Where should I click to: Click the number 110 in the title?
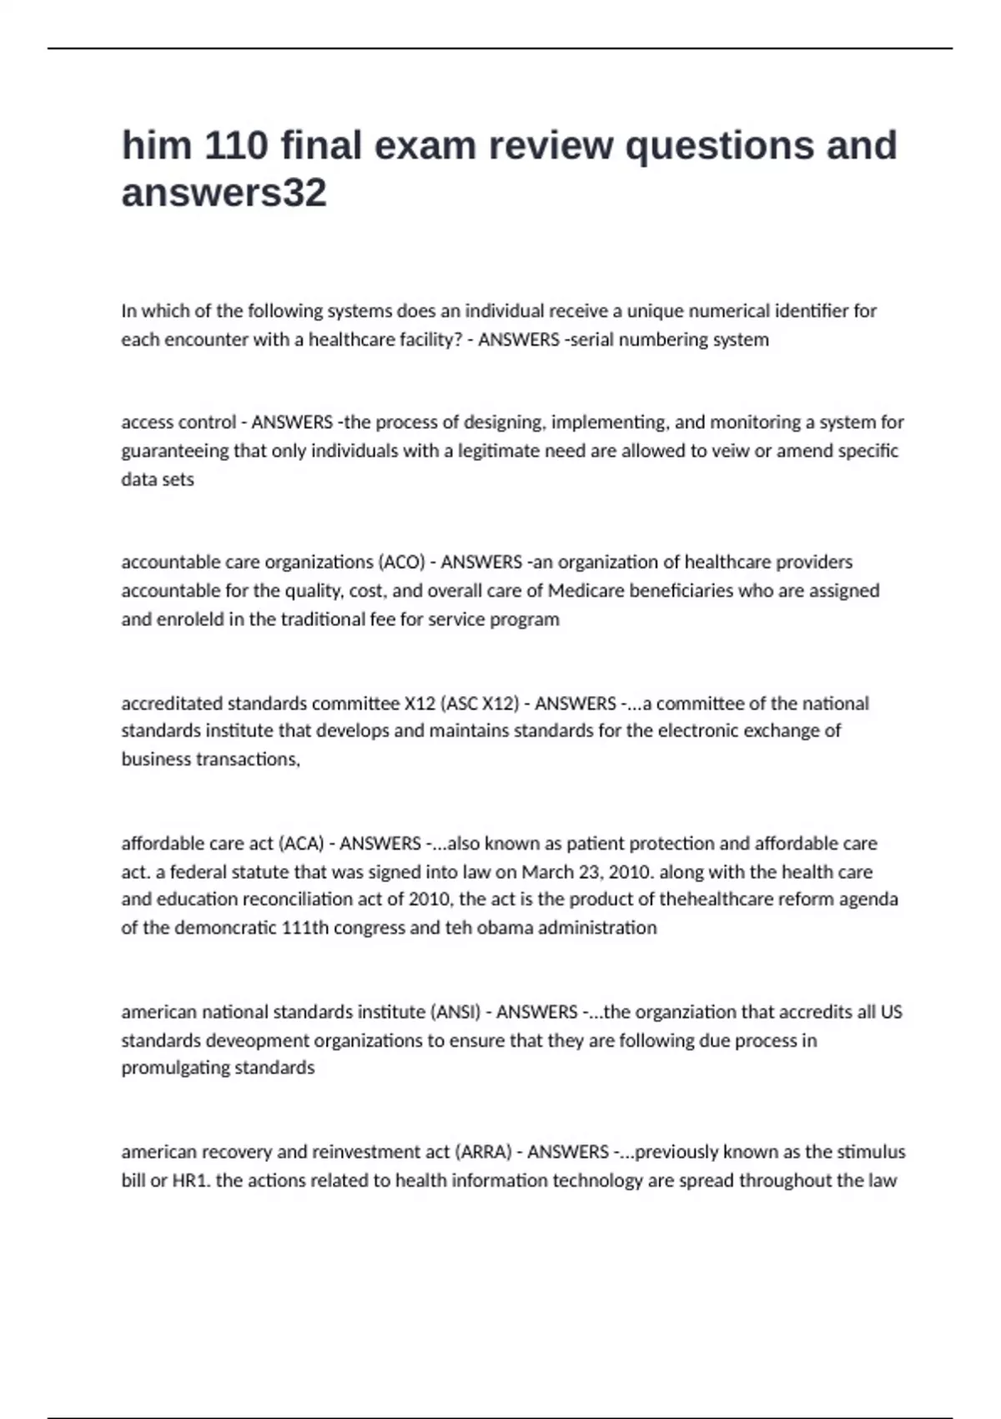click(236, 145)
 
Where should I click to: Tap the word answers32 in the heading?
click(224, 193)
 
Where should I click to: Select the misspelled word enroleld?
click(190, 619)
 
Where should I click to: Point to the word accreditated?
click(172, 703)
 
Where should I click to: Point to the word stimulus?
click(871, 1152)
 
